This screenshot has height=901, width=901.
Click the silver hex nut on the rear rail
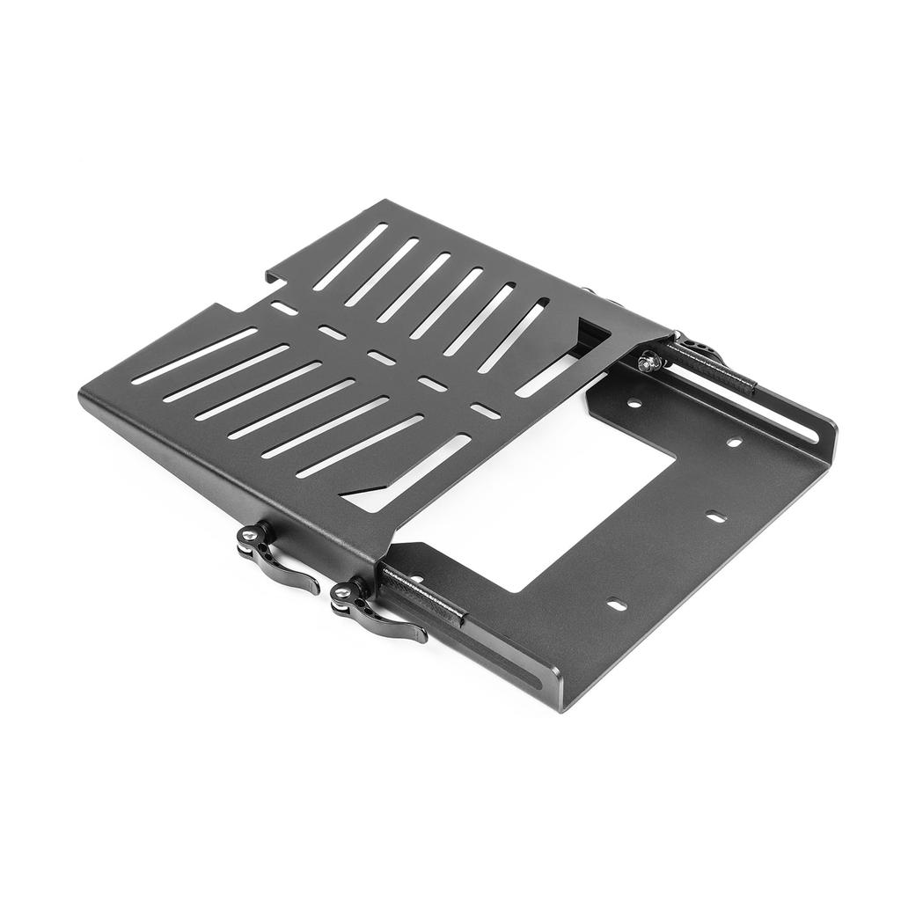(648, 359)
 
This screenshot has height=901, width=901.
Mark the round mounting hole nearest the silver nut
(632, 405)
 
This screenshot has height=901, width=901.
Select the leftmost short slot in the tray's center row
(283, 308)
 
